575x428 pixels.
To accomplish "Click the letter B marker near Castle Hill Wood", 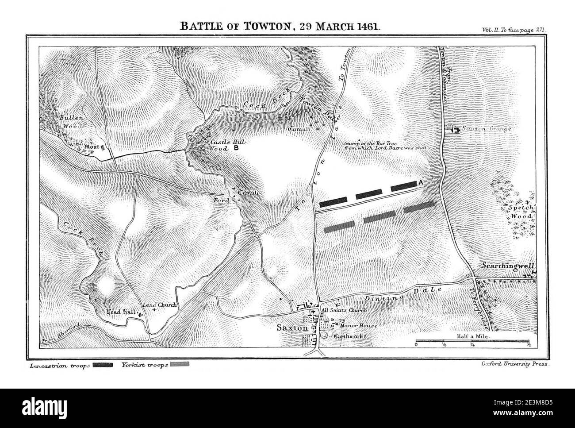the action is tap(236, 149).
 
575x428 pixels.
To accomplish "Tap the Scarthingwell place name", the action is tap(508, 266).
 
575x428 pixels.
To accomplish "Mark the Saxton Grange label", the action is tap(487, 129).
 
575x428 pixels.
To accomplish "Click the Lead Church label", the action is tap(159, 305).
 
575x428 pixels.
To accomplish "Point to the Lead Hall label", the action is tap(121, 312).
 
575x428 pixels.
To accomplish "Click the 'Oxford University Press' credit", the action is tap(514, 364).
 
